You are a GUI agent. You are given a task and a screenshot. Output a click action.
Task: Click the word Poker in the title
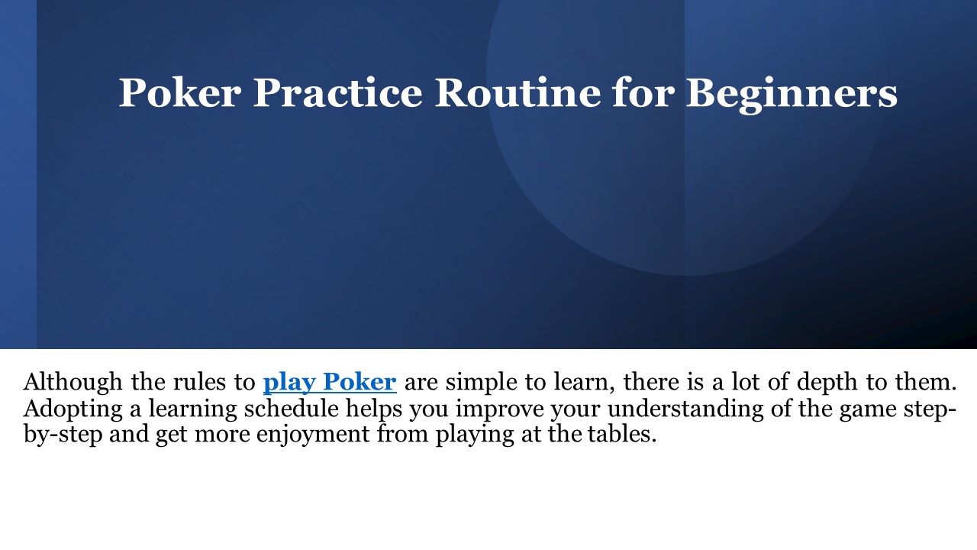[x=180, y=93]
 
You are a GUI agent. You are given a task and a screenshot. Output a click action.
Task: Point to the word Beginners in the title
[x=791, y=93]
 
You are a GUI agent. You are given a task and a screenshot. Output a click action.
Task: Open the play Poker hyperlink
[x=330, y=381]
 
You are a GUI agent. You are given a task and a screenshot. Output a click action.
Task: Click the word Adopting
[x=71, y=409]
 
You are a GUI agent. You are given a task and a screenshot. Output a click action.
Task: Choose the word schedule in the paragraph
[x=291, y=409]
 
